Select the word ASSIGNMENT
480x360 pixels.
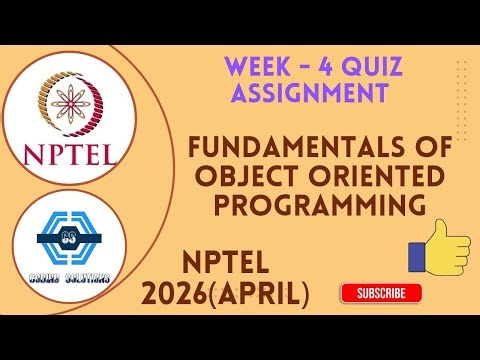(x=309, y=94)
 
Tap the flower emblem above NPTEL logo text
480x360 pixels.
(x=68, y=103)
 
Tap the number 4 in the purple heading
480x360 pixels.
(x=331, y=69)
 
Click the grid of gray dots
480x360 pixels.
(x=461, y=84)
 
